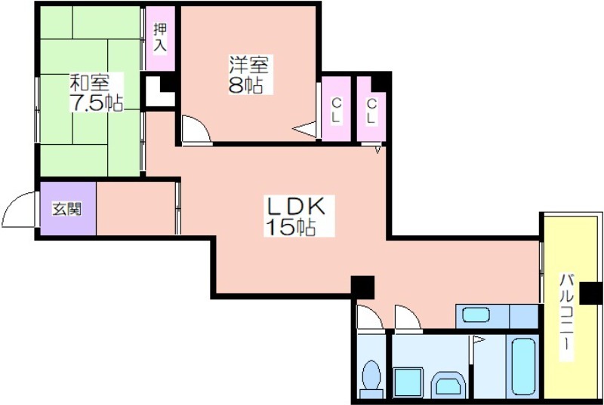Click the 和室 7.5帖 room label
tap(97, 92)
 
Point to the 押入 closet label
tap(160, 37)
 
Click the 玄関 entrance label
tap(67, 209)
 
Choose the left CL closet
tap(336, 109)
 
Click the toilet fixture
tap(371, 379)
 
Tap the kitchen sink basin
tap(476, 315)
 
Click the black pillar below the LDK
tap(362, 287)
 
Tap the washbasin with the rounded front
tap(448, 384)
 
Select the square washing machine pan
tap(408, 382)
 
